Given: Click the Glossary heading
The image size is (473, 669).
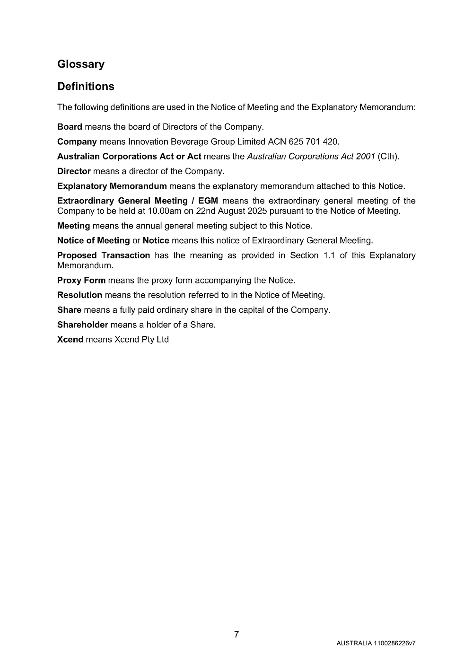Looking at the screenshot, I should point(81,64).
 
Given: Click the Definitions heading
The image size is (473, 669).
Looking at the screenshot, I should point(86,87).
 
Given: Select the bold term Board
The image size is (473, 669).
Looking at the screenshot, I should point(70,127).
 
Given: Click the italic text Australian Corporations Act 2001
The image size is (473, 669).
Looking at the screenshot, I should point(311,156).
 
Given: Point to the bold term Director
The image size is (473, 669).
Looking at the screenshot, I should point(74,171).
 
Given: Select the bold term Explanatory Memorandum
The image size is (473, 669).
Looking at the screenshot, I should point(112,186).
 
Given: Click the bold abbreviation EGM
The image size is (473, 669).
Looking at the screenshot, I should point(208,201).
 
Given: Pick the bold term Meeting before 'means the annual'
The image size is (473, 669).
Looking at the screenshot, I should point(73,226).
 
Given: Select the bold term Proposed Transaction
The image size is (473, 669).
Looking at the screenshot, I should point(104,255).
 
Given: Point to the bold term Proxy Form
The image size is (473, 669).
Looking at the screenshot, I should point(81,280).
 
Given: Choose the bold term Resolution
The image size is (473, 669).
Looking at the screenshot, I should point(79,295).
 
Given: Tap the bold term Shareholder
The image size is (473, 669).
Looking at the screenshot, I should point(83,325).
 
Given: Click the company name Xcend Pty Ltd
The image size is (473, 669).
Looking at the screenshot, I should point(141,339).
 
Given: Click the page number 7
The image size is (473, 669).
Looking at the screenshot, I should point(236,634).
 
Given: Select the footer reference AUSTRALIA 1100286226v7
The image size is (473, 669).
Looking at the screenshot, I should point(376,643).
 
